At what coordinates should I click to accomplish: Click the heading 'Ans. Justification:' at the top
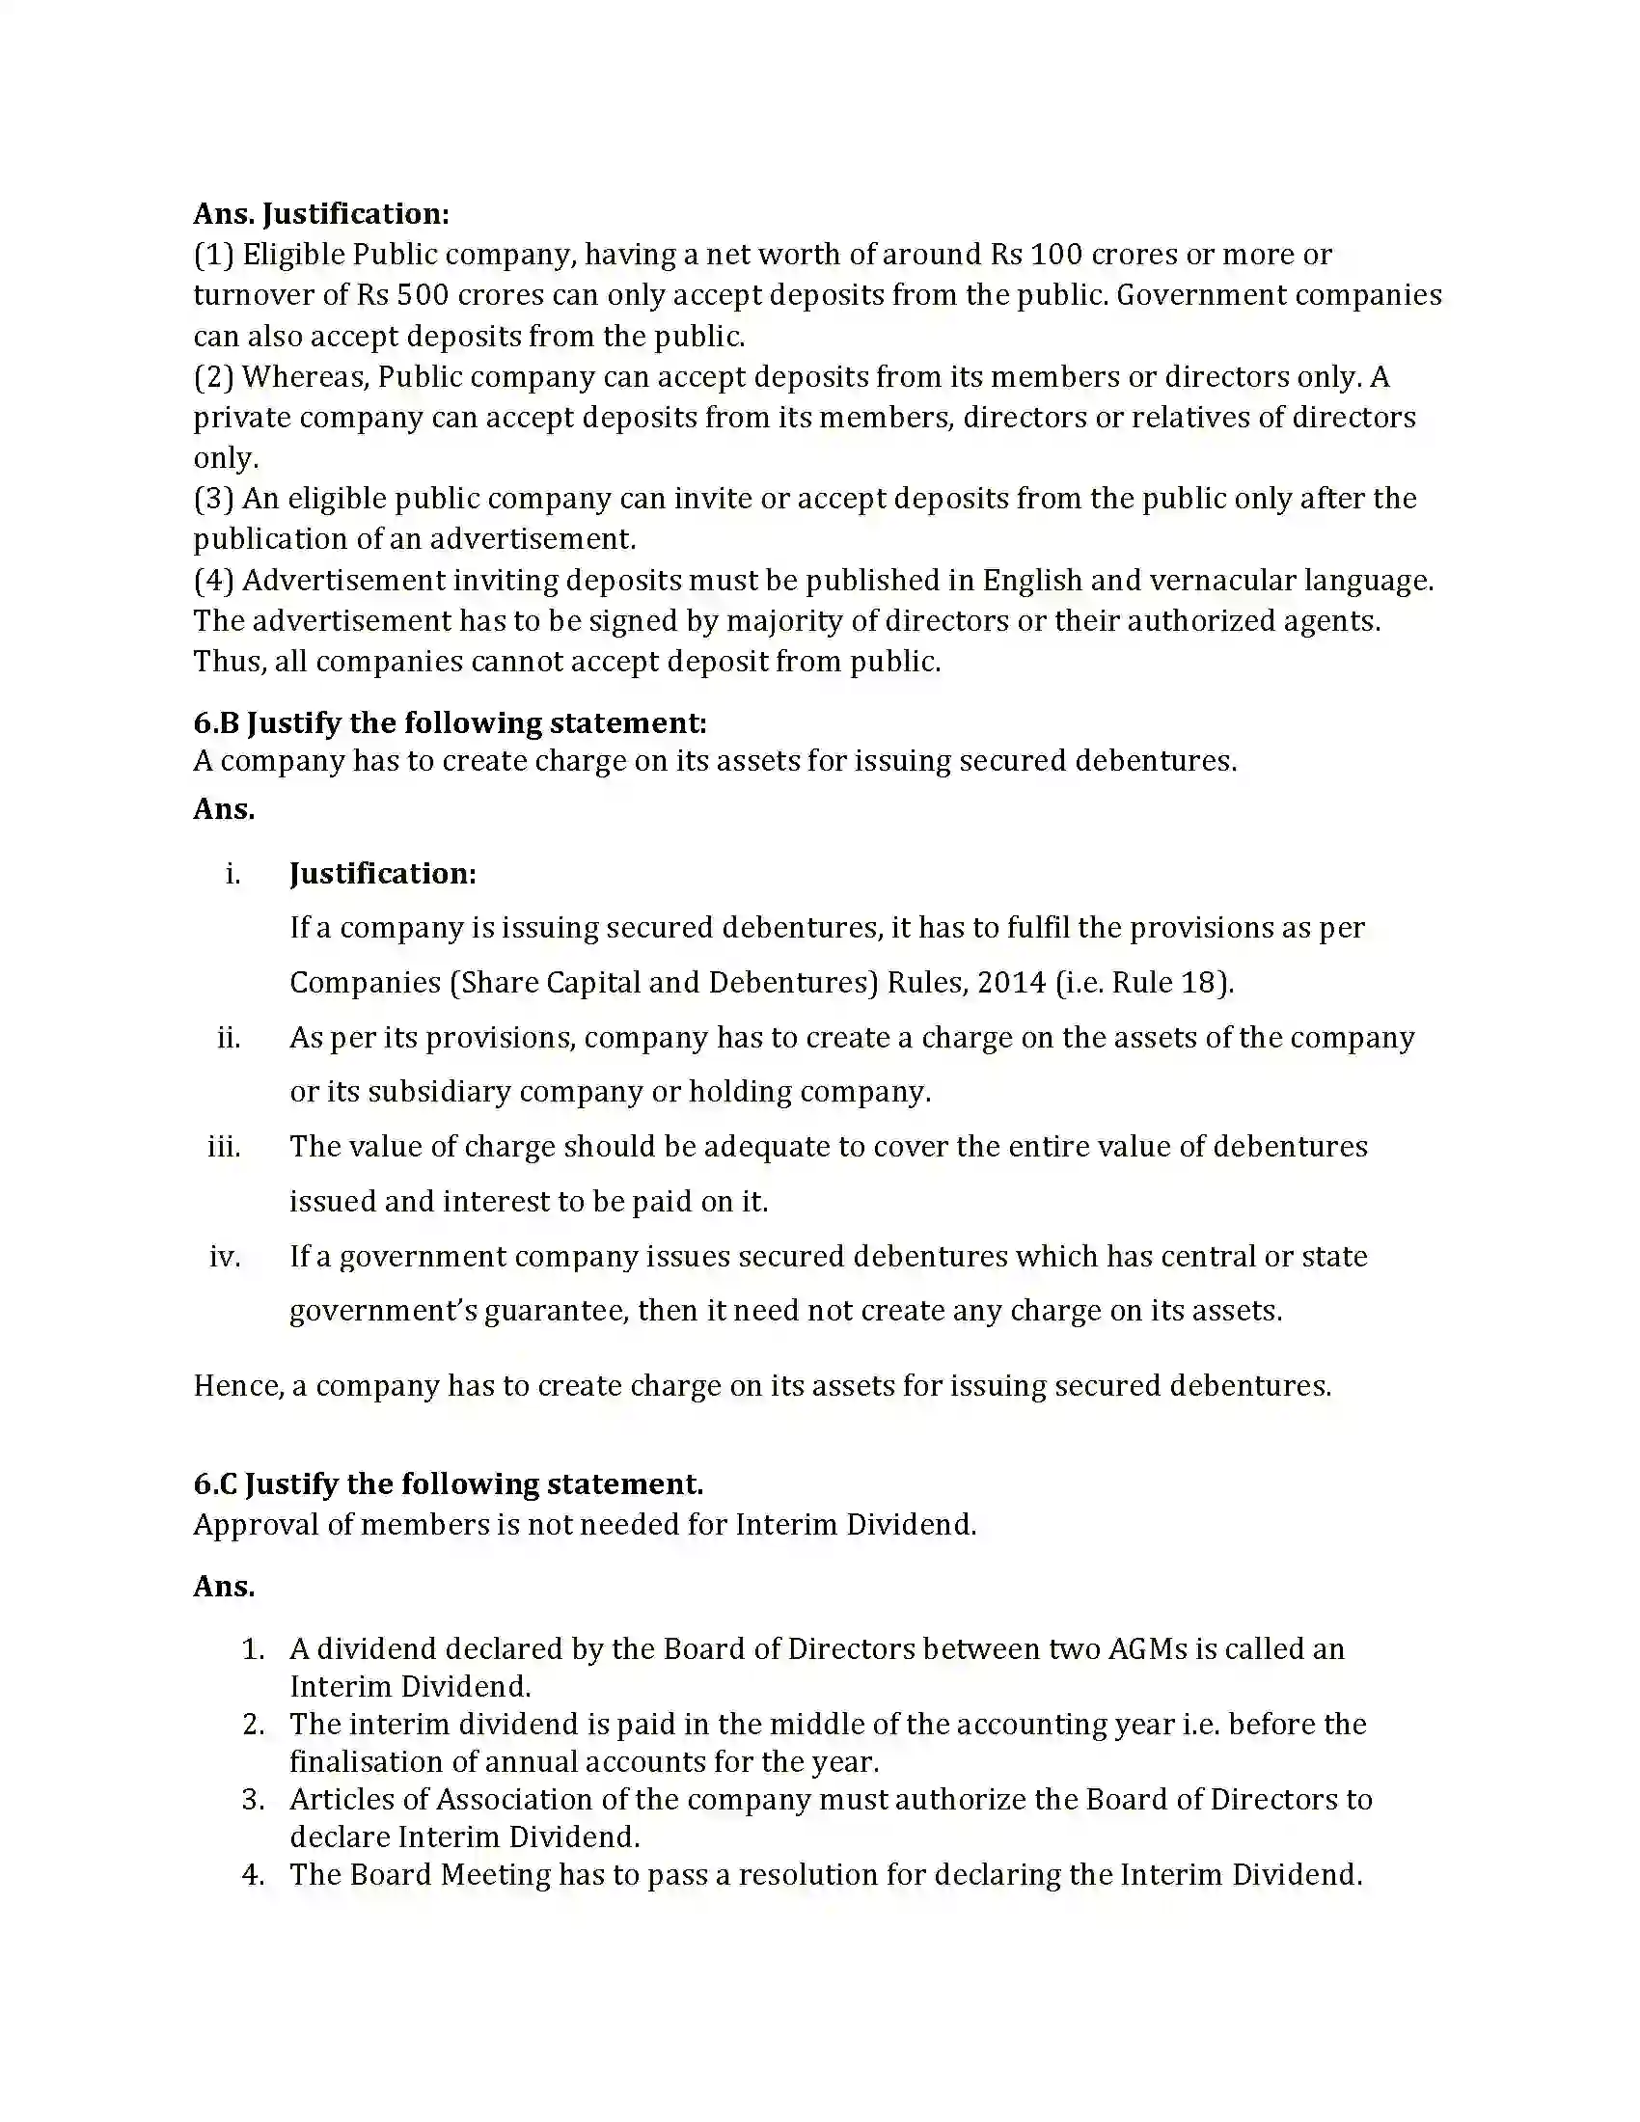pyautogui.click(x=320, y=214)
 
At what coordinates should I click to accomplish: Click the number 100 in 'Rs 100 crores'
pyautogui.click(x=1055, y=255)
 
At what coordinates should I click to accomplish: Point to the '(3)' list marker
pyautogui.click(x=214, y=499)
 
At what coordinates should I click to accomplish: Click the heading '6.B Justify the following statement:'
pyautogui.click(x=450, y=722)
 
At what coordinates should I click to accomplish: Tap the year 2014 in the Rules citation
pyautogui.click(x=1011, y=982)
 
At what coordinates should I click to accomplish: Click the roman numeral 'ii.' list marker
pyautogui.click(x=229, y=1038)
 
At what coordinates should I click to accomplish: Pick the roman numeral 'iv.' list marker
pyautogui.click(x=225, y=1256)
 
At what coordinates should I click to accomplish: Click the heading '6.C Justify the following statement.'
pyautogui.click(x=448, y=1483)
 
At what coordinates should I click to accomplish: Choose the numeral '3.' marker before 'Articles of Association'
pyautogui.click(x=253, y=1800)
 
